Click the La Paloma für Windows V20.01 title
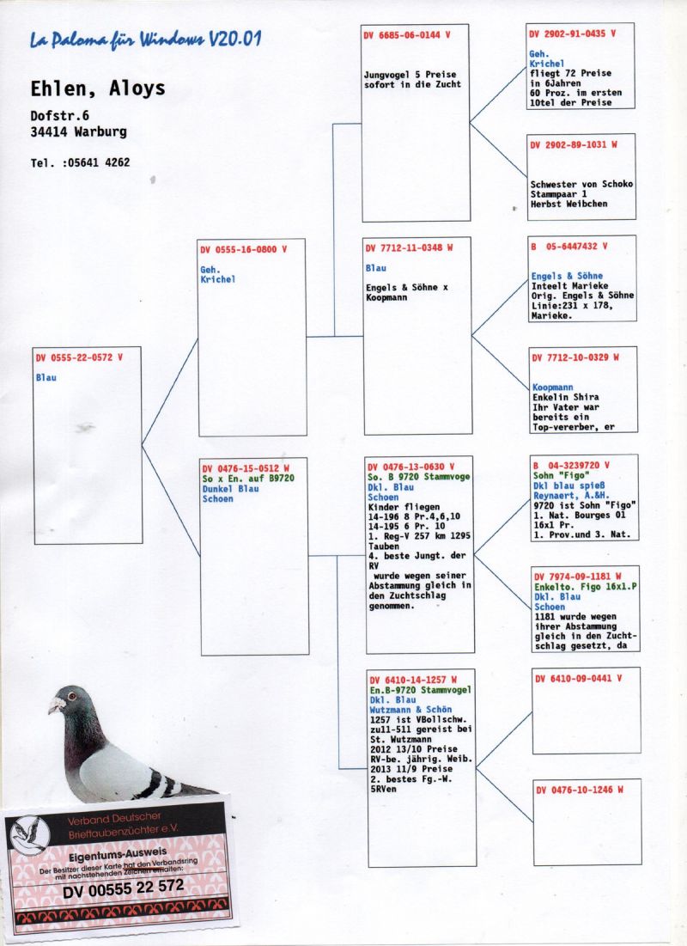coord(145,40)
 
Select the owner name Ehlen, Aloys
coord(98,88)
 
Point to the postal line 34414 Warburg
coord(78,131)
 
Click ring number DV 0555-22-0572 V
coord(79,357)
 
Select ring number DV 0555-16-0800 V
coord(244,249)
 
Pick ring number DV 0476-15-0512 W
coord(246,468)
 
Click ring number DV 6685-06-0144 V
coord(406,35)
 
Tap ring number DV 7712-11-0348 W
coord(409,247)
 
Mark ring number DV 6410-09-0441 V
coord(579,678)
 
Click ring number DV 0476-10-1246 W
coord(580,789)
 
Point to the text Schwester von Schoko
coord(581,184)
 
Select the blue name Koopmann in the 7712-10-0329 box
coord(552,388)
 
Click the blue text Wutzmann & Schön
coord(410,710)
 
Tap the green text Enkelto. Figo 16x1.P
coord(586,587)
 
